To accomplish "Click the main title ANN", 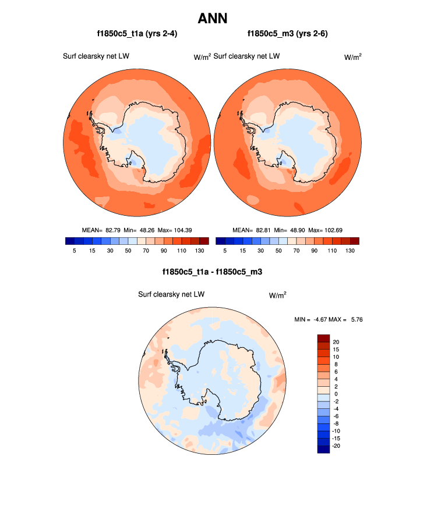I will [x=213, y=18].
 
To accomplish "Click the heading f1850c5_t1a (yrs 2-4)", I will [x=137, y=34].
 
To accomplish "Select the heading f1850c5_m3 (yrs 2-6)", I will [x=288, y=34].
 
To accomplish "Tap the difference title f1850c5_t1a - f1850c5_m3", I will [x=213, y=272].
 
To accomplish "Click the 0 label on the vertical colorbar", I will [x=334, y=394].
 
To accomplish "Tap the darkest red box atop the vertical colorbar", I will [x=323, y=339].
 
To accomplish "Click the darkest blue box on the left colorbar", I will [x=70, y=241].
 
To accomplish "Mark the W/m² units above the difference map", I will [x=277, y=295].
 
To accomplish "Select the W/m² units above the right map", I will [x=352, y=56].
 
